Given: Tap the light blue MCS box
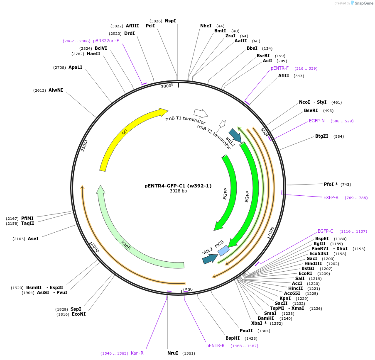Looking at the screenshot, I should pos(223,251).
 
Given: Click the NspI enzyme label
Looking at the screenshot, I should pos(170,21).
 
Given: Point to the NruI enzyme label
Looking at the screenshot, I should pos(172,353).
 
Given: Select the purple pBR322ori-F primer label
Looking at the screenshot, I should pos(106,41).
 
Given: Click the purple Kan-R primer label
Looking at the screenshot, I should pos(137,353).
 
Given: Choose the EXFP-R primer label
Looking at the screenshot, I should pos(331,197).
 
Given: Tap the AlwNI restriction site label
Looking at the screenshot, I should pos(56,90).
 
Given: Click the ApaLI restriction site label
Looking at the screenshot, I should pos(75,67).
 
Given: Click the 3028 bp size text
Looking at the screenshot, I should pos(178,191).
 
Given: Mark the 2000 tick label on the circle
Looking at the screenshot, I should pos(95,248).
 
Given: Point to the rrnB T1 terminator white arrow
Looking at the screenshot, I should pos(201,113).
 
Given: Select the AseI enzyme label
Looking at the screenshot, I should pos(33,238).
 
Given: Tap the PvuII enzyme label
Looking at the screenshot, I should pos(246,331).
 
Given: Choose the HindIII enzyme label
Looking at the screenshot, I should pos(313,263).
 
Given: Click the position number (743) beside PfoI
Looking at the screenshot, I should pos(346,184).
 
